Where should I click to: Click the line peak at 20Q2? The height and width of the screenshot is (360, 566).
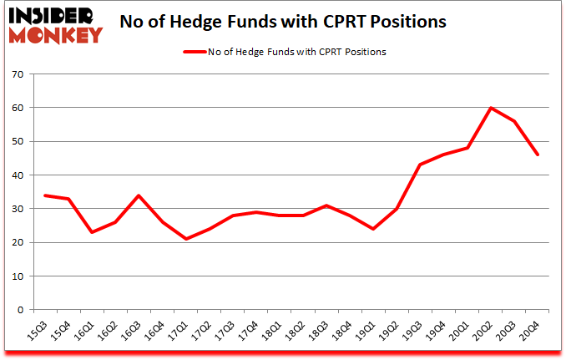(491, 108)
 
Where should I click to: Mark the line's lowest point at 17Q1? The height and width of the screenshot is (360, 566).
(186, 239)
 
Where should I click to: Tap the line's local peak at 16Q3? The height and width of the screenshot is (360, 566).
(139, 195)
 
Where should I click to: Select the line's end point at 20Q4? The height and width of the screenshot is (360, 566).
(538, 155)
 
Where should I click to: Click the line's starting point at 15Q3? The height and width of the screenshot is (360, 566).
(44, 195)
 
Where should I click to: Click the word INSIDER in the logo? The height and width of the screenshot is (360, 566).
(53, 16)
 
